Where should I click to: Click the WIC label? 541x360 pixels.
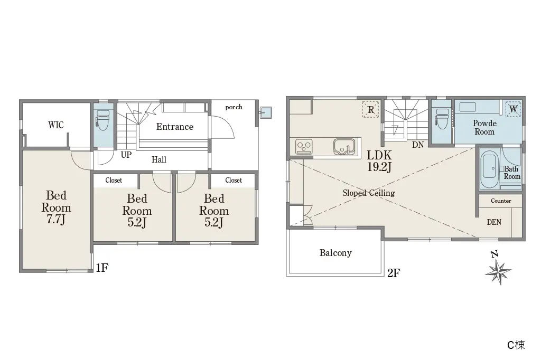pos(56,125)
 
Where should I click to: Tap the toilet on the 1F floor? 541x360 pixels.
pos(103,120)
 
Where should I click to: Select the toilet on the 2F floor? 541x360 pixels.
pos(442,119)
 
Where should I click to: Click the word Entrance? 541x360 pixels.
pos(174,127)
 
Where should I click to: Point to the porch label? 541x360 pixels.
pos(234,107)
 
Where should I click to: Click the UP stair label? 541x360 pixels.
pos(126,155)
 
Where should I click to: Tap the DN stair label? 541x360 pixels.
pos(418,145)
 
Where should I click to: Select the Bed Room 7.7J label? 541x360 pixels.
pos(56,207)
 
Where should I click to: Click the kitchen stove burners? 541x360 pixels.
pos(304,147)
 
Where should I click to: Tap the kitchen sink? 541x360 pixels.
pos(344,147)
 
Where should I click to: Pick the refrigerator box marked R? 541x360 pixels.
pos(371,110)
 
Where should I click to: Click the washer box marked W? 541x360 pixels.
pos(513,109)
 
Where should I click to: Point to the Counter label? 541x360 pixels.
pos(501,201)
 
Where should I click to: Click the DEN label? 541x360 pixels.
pos(494,222)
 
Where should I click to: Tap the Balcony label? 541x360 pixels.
pos(335,253)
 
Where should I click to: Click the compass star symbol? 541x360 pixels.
pos(498,272)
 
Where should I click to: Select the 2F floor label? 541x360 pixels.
pos(394,273)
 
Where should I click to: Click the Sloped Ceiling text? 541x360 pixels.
pos(368,193)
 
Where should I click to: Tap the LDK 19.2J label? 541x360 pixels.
pos(379,161)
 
